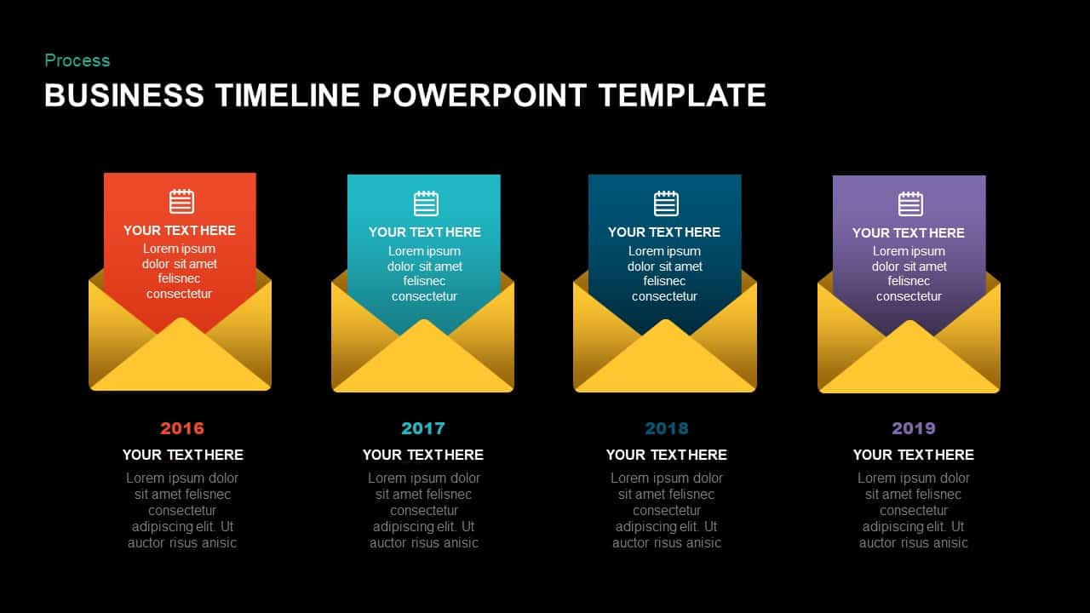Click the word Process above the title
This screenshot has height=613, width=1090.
coord(77,60)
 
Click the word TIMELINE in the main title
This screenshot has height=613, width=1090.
coord(287,95)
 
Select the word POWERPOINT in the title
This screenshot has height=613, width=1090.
coord(479,95)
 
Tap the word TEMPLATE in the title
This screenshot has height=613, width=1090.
coord(682,95)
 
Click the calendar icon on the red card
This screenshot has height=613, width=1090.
coord(181,202)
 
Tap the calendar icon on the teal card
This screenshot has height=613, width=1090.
coord(426,203)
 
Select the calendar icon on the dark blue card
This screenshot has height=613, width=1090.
coord(666,203)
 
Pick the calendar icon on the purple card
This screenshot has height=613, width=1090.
coord(910,204)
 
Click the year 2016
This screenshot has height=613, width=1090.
coord(182,428)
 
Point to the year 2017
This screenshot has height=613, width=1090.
coord(423,428)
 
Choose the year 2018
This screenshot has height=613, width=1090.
coord(666,428)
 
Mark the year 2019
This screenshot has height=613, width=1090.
coord(913,428)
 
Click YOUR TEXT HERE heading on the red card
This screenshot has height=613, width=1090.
coord(180,231)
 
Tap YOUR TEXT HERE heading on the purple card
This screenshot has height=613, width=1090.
coord(909,232)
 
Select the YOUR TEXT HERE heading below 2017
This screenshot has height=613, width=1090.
coord(423,455)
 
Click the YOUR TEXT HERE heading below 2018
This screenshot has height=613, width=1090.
coord(666,455)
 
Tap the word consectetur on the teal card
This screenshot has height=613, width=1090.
coord(424,296)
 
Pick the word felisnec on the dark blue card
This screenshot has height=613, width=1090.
coord(665,281)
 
